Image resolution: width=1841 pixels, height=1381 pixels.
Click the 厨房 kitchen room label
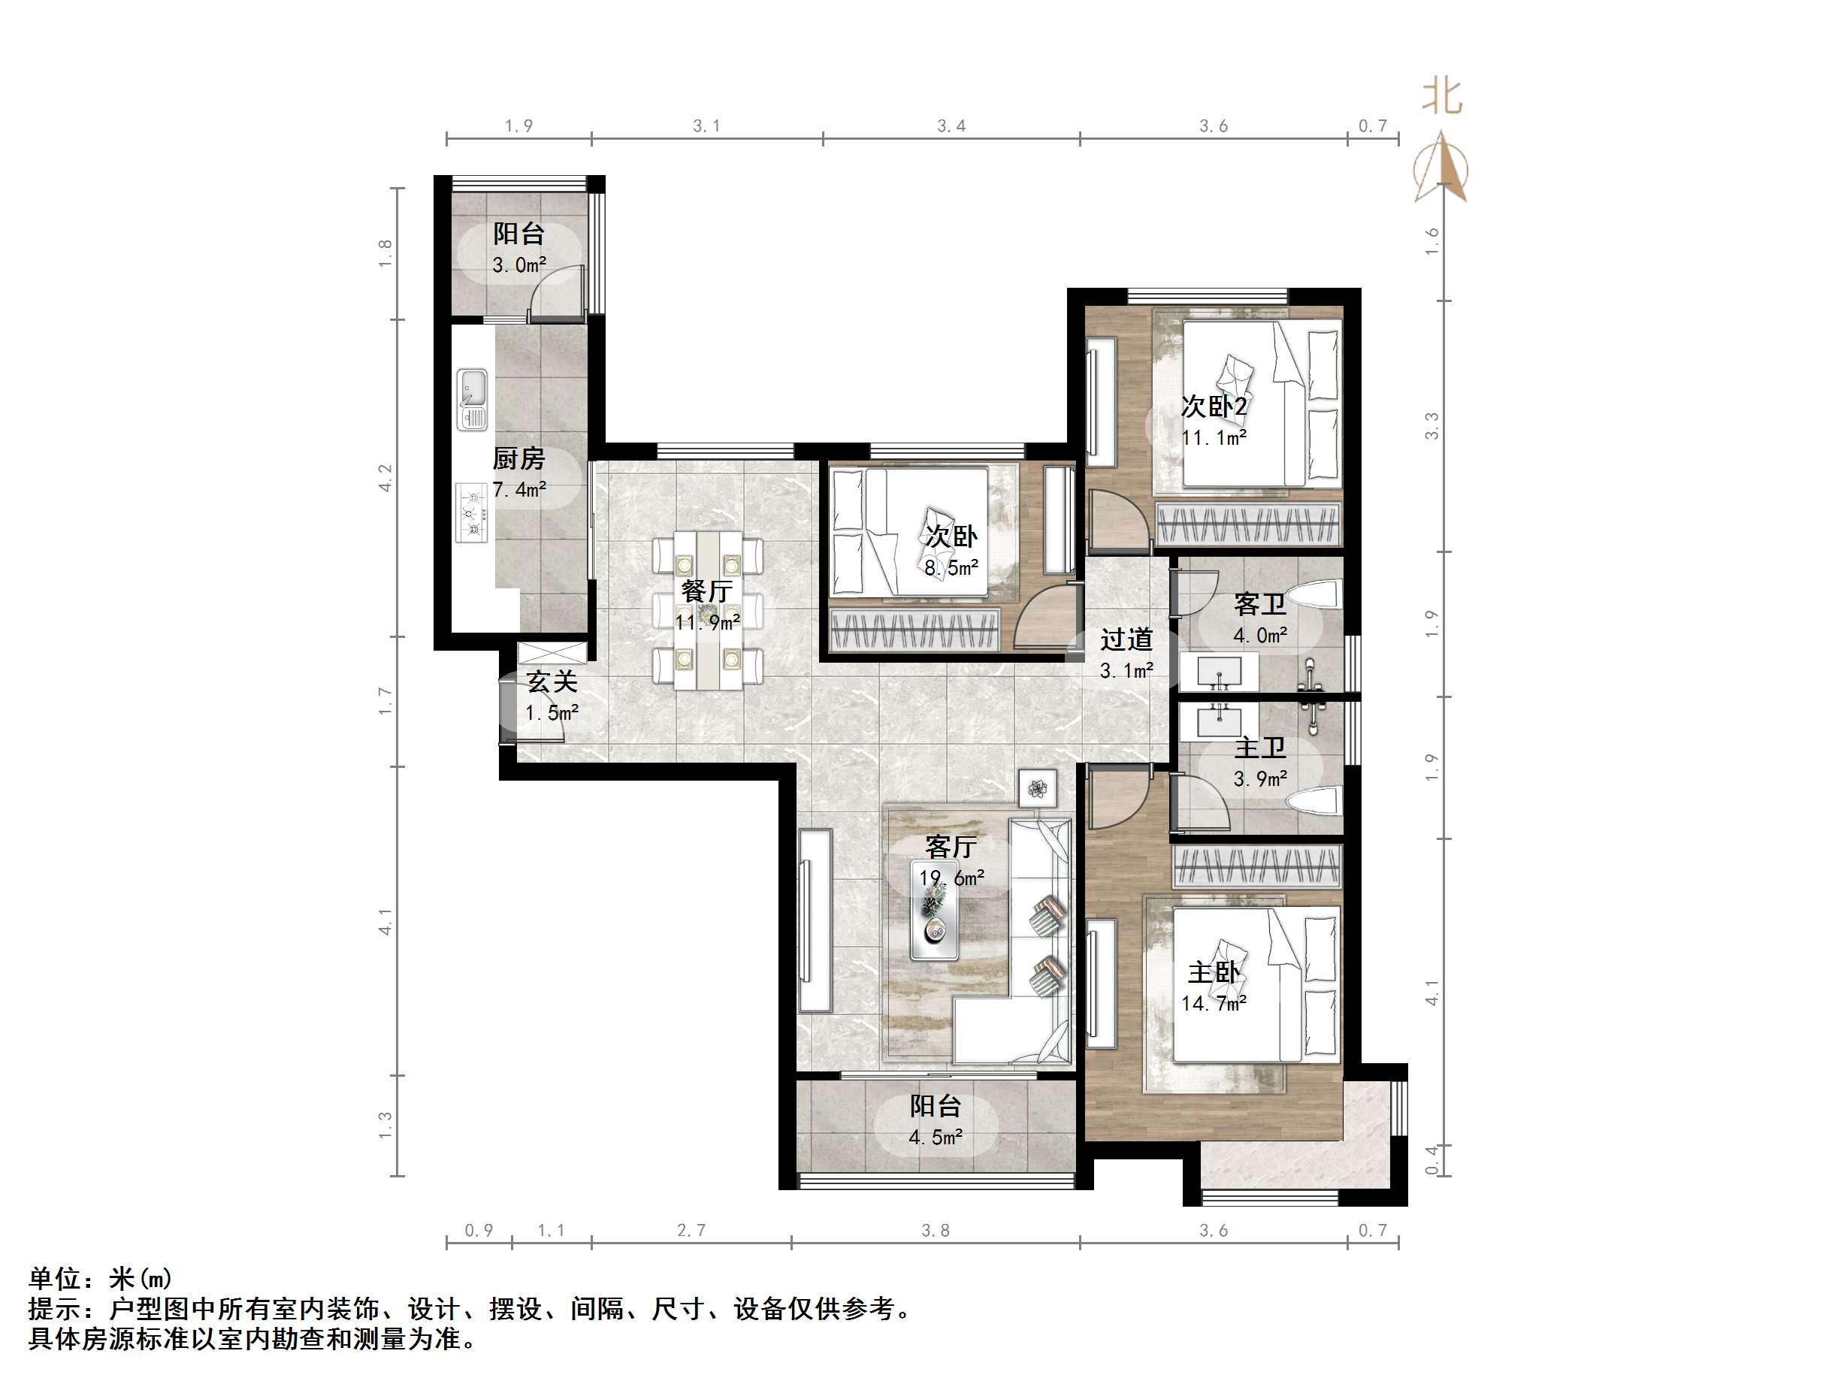pos(518,458)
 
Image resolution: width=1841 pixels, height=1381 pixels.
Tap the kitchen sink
pos(472,400)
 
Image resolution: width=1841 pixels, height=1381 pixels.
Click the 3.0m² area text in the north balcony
pos(518,265)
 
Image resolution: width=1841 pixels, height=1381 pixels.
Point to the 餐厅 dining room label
pos(706,591)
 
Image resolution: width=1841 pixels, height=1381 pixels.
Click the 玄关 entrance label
pos(552,681)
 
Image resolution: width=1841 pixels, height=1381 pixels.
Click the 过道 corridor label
pos(1126,639)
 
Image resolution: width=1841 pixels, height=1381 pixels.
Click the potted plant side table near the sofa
pos(1037,787)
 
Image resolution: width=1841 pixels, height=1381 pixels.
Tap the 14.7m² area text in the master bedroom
pos(1214,1003)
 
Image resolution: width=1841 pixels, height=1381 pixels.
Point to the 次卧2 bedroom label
pos(1214,406)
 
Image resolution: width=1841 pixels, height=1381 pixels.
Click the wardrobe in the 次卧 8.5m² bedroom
pos(914,630)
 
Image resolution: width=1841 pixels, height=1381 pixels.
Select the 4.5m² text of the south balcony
pos(936,1137)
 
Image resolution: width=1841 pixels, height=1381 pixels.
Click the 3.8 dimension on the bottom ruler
pos(935,1230)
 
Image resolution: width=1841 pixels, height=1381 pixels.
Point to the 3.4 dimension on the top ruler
pos(951,125)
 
